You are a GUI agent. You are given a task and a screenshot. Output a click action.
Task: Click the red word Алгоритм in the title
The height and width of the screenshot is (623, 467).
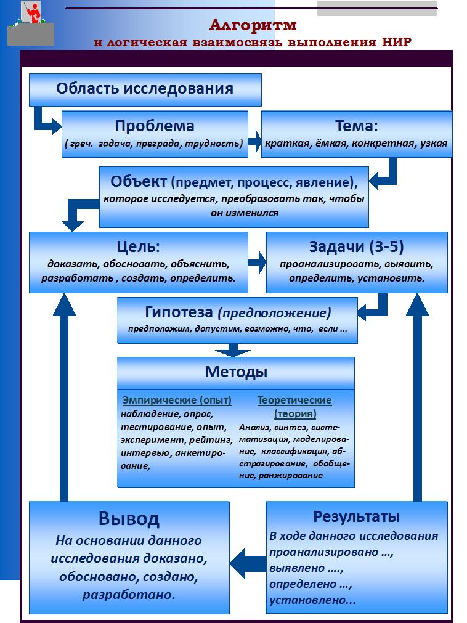pos(253,25)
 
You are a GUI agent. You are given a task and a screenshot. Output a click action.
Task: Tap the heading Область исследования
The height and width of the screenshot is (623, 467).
pos(145,88)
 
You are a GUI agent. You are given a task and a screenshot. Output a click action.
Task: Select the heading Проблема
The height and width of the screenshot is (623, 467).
pos(155,126)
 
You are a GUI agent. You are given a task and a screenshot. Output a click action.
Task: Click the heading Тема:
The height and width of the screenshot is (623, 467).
pos(356,126)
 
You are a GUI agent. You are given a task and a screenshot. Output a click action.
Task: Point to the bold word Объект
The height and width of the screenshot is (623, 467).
pos(139,181)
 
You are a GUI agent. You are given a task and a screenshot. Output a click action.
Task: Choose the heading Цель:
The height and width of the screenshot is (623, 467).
pos(138,246)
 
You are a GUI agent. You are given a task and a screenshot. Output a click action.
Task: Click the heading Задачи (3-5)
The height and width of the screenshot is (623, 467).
pos(356,246)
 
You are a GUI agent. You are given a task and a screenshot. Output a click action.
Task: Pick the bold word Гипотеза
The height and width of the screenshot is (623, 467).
pos(179,312)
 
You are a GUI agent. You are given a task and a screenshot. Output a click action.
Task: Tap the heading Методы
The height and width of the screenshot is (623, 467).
pos(236,372)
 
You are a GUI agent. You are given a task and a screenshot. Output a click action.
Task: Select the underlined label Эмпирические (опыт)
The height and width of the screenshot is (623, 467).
pos(177,400)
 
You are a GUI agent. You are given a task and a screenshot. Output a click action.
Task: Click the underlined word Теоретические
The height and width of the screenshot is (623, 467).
pos(294,400)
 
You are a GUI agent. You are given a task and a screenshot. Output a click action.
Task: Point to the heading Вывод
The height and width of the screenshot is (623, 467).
pos(129,518)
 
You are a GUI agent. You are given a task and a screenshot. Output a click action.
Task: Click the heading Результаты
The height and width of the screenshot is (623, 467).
pos(356,516)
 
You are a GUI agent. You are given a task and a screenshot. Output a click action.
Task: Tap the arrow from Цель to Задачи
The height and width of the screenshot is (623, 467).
pos(258,262)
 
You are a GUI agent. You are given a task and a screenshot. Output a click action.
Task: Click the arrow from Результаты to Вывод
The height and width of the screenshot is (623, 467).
pos(248,563)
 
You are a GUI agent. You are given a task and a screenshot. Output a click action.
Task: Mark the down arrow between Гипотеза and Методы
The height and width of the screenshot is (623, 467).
pos(233,350)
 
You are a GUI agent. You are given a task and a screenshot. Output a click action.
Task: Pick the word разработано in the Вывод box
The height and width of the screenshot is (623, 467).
pos(129,595)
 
